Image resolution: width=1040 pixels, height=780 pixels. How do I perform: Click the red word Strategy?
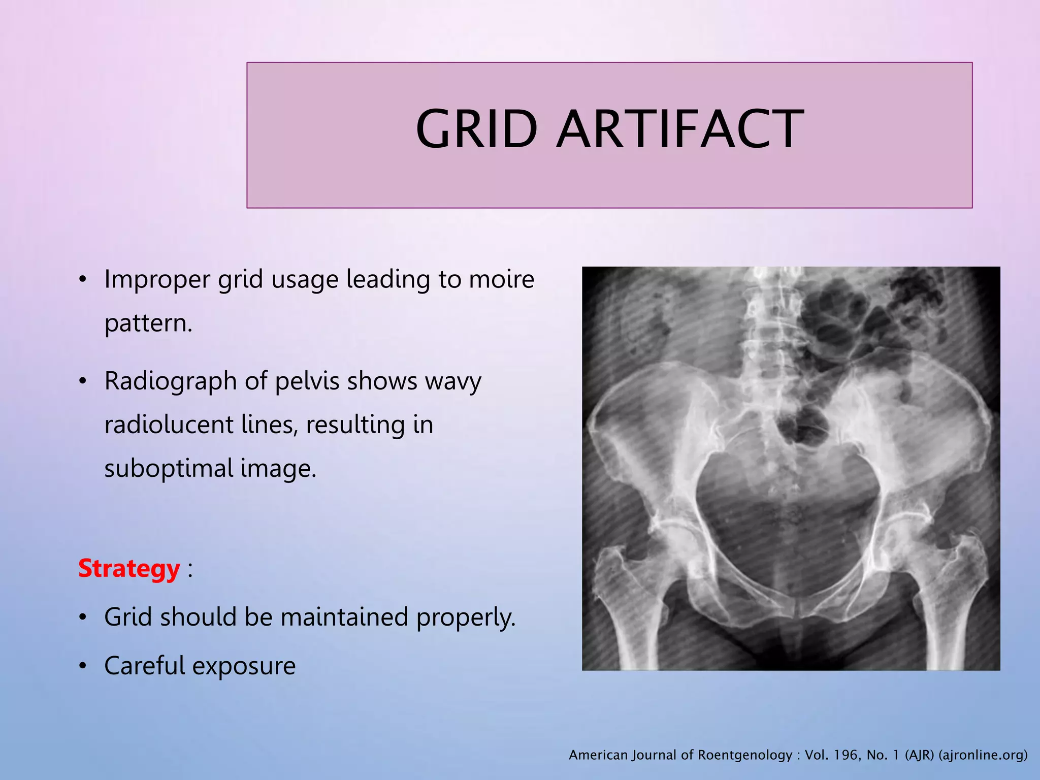click(x=129, y=568)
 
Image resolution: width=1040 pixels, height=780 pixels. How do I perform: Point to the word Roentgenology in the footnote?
click(x=745, y=755)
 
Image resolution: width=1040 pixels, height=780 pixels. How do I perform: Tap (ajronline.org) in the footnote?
click(x=983, y=755)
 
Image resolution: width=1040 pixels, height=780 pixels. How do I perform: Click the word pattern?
click(x=148, y=324)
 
